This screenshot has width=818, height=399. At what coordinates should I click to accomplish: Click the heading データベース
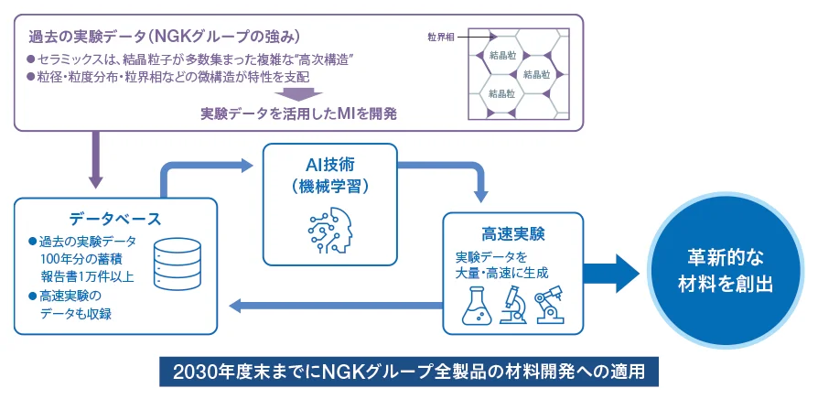tap(114, 219)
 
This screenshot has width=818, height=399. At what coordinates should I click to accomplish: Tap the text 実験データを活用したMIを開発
tap(298, 114)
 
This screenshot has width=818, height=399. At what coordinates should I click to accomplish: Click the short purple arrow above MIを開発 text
tap(298, 93)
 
